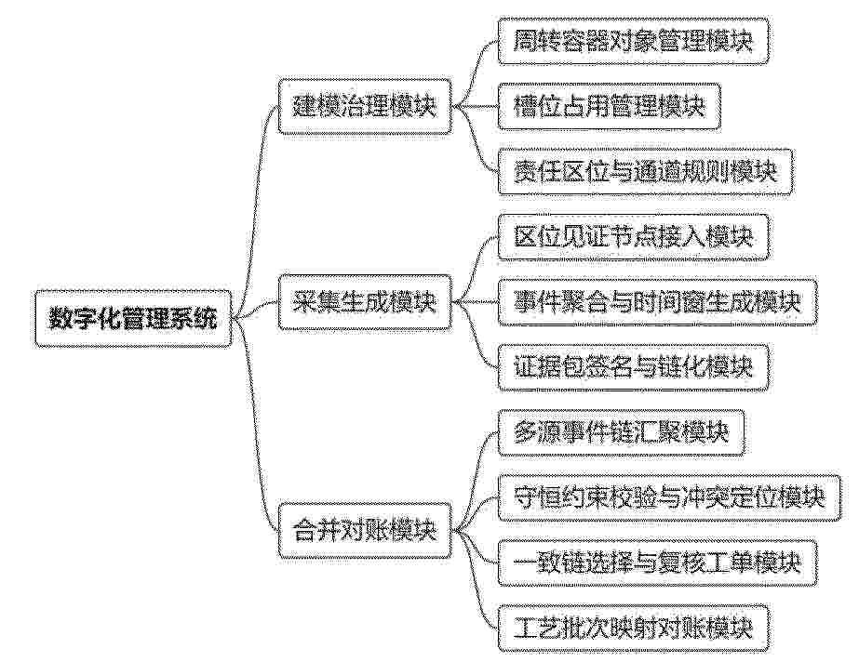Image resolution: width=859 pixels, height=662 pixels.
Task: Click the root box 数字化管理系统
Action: [133, 318]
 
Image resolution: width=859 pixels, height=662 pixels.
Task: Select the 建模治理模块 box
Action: [365, 106]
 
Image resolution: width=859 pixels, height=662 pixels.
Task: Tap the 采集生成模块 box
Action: [365, 302]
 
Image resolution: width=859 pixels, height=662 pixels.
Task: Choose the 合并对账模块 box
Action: [365, 531]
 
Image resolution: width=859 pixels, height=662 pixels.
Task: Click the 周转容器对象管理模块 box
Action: [633, 41]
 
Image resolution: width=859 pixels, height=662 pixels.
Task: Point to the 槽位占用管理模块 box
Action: [610, 106]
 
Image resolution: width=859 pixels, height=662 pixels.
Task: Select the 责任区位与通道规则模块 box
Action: [645, 172]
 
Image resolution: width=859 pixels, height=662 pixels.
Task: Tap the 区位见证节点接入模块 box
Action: [633, 237]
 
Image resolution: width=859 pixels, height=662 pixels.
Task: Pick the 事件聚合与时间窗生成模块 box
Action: [657, 302]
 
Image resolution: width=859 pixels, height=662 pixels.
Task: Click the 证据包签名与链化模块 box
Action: [633, 367]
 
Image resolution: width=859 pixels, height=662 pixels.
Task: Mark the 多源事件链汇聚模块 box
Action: [622, 432]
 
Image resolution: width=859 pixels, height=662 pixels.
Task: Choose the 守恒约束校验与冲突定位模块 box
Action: [669, 497]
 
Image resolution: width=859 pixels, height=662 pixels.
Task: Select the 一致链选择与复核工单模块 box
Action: [657, 563]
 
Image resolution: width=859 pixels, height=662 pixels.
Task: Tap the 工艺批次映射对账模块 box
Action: [633, 629]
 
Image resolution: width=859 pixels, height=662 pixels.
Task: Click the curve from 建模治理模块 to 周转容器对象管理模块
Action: [476, 71]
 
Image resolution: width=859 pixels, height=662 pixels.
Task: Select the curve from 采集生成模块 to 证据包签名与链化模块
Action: [476, 335]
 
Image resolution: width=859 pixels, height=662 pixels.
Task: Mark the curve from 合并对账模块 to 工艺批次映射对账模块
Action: [476, 580]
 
